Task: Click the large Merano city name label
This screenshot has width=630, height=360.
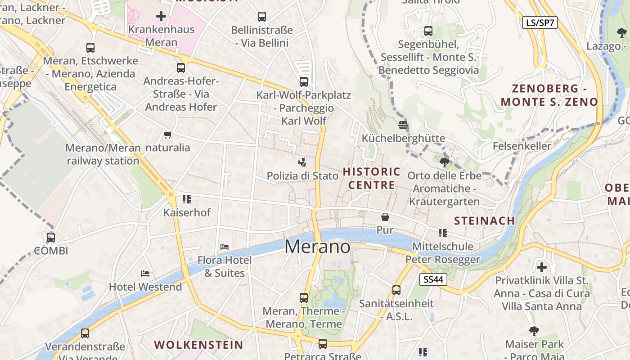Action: coord(317,247)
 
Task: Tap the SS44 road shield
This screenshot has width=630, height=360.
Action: coord(434,279)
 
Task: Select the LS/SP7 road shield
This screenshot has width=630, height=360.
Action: coord(540,23)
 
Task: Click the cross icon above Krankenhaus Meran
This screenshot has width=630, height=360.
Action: coord(161,17)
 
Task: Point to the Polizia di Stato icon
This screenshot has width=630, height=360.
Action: coord(302,162)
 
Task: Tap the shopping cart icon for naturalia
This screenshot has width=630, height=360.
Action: coord(168,135)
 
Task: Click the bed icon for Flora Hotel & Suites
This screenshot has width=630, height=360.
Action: coord(225,247)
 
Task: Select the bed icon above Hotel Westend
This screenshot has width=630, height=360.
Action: coord(145,273)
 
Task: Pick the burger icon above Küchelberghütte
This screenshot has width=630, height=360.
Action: coord(403,125)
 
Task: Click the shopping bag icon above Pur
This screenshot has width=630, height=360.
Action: coord(385,217)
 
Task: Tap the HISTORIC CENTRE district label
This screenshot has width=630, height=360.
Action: coord(372,178)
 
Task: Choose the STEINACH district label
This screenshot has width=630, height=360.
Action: coord(484,220)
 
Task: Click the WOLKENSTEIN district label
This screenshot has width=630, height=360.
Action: coord(198,345)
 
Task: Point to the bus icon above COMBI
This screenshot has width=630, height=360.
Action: coord(51,237)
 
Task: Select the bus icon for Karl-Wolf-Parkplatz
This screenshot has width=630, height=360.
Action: coord(304,82)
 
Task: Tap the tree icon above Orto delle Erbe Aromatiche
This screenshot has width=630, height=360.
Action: coord(444,162)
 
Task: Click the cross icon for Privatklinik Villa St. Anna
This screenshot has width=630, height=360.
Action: coord(542,267)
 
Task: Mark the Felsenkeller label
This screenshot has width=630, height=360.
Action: coord(522,146)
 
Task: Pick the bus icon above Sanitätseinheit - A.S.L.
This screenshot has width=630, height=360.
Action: coord(396,290)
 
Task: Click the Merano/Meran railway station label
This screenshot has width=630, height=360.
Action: coord(103,154)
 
